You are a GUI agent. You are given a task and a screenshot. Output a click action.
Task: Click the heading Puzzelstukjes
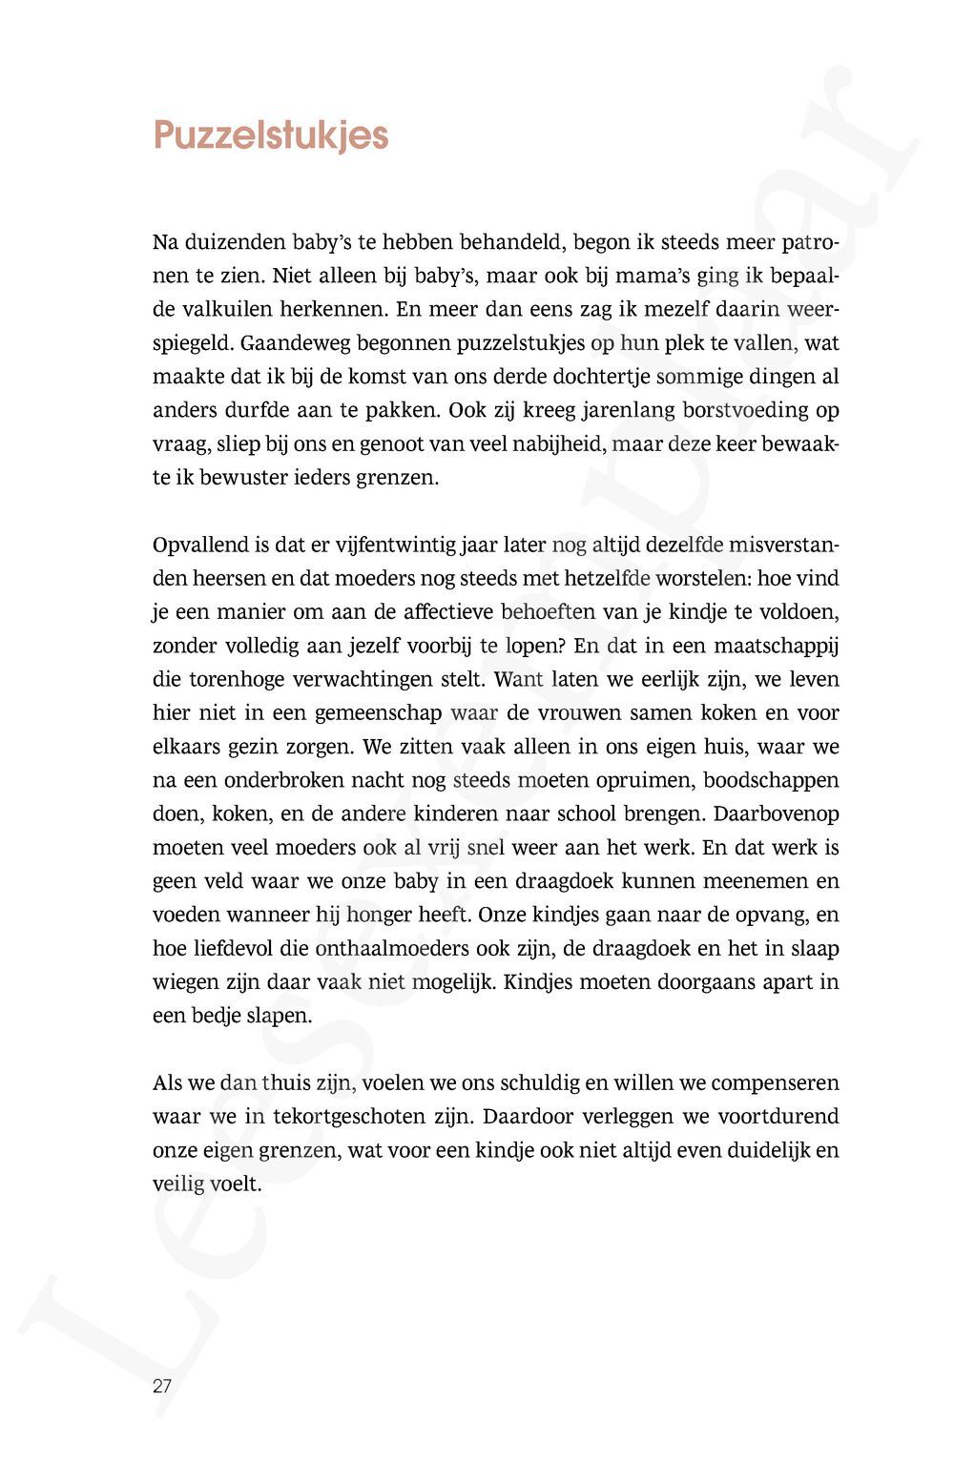click(x=271, y=135)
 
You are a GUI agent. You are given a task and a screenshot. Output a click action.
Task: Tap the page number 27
click(x=162, y=1386)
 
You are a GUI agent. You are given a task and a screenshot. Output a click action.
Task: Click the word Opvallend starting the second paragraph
click(x=200, y=546)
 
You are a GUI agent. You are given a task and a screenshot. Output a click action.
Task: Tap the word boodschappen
click(x=771, y=780)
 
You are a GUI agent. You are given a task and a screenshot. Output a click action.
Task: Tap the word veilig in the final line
click(x=178, y=1184)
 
